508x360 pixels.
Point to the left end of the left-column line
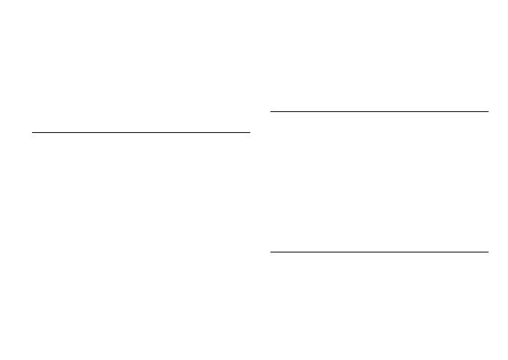coord(33,133)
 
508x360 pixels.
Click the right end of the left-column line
coord(250,133)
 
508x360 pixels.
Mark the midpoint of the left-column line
coord(141,133)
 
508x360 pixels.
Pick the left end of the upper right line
coord(270,112)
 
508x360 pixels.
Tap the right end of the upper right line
coord(488,112)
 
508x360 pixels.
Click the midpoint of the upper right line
coord(379,112)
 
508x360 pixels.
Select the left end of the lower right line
coord(270,252)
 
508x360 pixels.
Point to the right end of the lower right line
coord(488,252)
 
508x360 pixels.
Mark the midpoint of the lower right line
coord(379,252)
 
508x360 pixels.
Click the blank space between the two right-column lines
coord(379,181)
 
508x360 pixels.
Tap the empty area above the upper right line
coord(379,56)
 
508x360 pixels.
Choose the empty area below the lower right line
coord(379,306)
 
